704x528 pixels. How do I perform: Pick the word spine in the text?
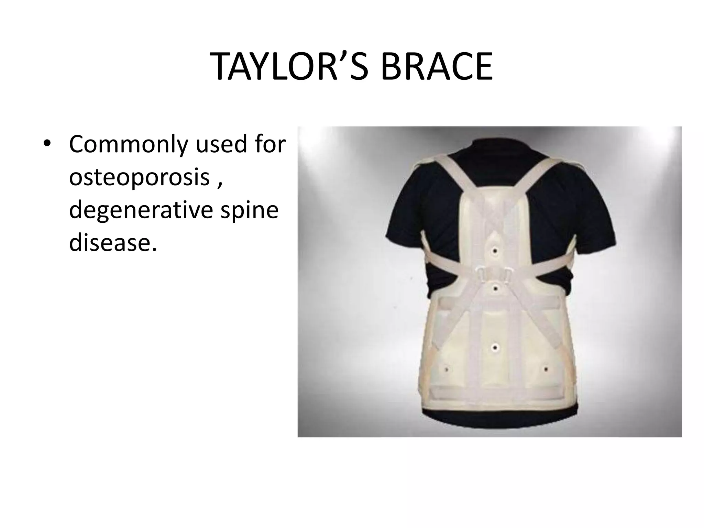pyautogui.click(x=249, y=210)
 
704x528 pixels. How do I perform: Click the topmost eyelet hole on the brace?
pyautogui.click(x=495, y=252)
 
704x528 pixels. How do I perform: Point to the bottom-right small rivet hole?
pyautogui.click(x=546, y=369)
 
